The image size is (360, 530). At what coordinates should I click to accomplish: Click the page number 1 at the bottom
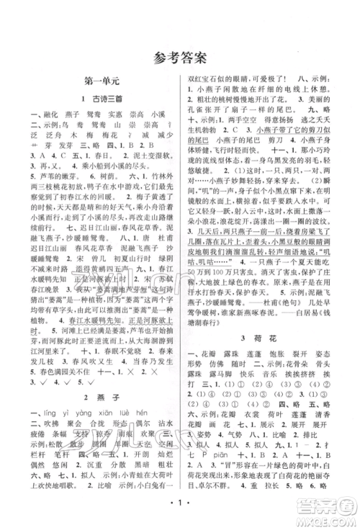179,516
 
